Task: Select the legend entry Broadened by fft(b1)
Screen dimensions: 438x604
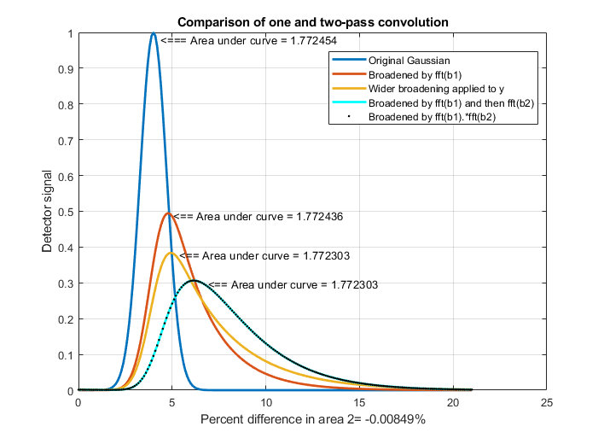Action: (x=409, y=74)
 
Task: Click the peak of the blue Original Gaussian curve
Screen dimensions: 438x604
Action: (x=154, y=34)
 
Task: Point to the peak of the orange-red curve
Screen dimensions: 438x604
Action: (x=168, y=213)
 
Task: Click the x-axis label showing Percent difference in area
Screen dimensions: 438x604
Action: (x=312, y=420)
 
